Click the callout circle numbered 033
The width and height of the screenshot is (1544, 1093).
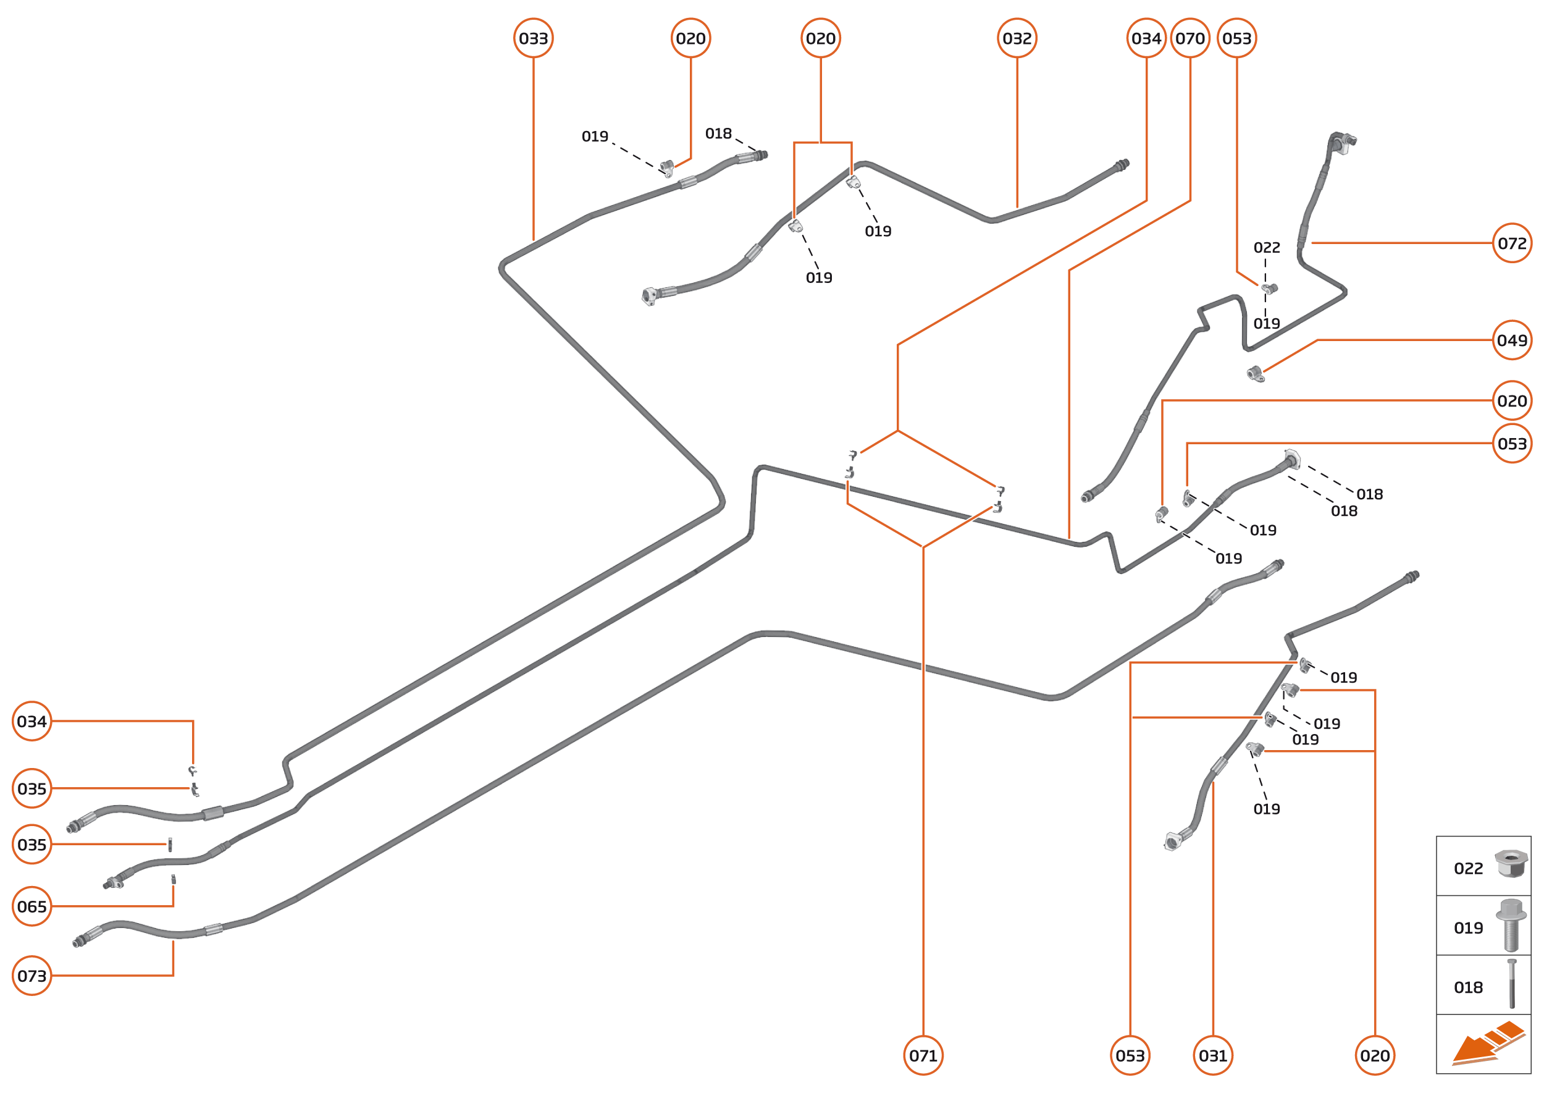click(x=533, y=38)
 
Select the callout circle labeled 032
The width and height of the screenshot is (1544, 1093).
click(x=1017, y=38)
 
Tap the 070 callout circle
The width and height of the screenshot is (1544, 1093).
click(x=1189, y=38)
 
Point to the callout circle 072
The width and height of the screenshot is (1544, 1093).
click(x=1512, y=243)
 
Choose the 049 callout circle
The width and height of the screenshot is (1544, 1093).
click(x=1512, y=340)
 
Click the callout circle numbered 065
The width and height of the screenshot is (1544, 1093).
click(x=31, y=906)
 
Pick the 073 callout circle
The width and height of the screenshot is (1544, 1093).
click(x=31, y=976)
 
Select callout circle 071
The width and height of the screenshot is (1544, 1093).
click(x=923, y=1055)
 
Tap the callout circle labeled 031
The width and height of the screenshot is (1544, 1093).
click(x=1213, y=1055)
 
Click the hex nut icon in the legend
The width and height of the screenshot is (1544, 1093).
click(x=1511, y=864)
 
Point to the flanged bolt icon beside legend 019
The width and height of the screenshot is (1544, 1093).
click(x=1511, y=925)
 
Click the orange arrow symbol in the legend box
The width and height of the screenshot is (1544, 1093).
click(x=1487, y=1043)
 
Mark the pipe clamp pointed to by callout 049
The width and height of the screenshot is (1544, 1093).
click(x=1255, y=374)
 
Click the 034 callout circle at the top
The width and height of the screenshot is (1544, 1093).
click(x=1146, y=38)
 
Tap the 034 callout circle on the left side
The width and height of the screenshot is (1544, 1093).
click(x=31, y=722)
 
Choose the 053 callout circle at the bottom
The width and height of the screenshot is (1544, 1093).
click(x=1130, y=1055)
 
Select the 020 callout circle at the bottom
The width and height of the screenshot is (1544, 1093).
click(x=1374, y=1055)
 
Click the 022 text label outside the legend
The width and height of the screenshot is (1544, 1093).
click(x=1266, y=248)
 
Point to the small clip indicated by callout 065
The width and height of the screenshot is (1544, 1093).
click(x=173, y=880)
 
